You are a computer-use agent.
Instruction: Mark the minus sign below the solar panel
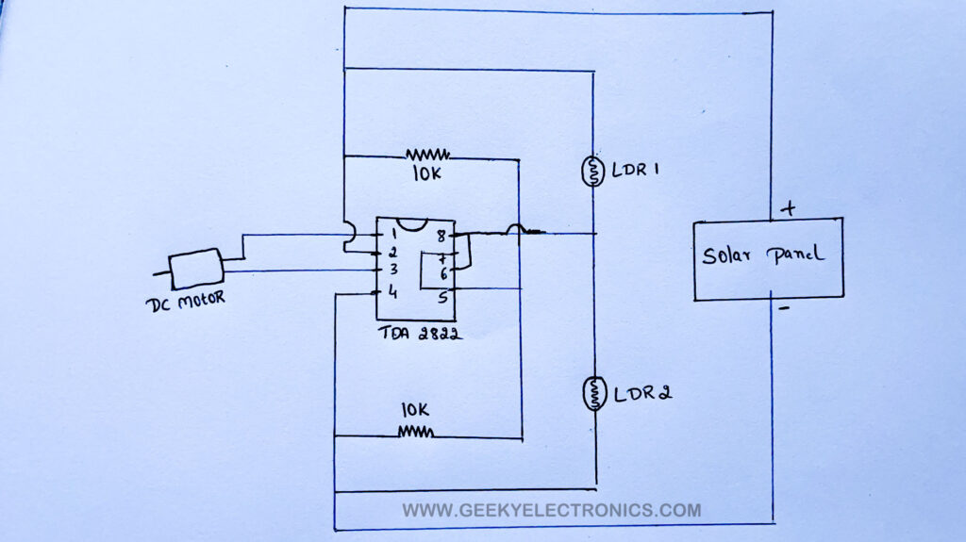pos(783,308)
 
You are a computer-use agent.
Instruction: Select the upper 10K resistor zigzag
pos(427,154)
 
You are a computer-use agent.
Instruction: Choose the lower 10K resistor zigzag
pos(415,432)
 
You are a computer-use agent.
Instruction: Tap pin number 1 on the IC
pos(391,234)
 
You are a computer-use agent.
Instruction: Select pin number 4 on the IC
pos(391,293)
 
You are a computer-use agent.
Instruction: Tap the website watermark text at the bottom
pos(552,510)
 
